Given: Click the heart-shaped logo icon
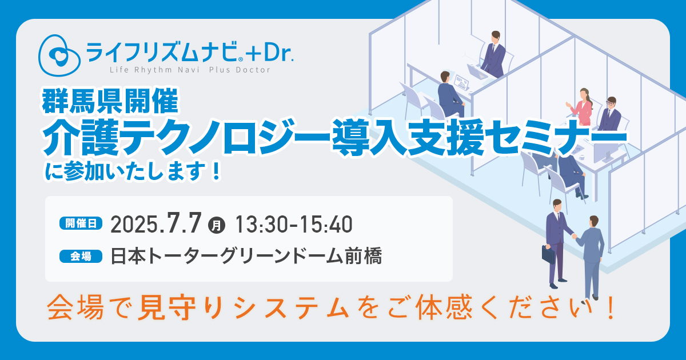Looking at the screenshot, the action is coord(59,55).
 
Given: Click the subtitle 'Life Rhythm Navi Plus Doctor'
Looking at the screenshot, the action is coord(190,70).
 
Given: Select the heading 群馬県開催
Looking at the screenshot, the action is coord(110,101).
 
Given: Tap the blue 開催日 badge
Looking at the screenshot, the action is coord(81,223).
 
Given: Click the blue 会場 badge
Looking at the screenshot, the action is coord(81,256).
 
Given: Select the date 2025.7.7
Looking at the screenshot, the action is coord(156,224).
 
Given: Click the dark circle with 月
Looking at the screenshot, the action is coord(217,226).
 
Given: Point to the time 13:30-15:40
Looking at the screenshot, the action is coord(294,225).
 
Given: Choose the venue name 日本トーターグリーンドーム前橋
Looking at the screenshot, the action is coord(246,256).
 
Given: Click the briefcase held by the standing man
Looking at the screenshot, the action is coord(548,254).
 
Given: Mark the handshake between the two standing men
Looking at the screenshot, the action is coord(574,236).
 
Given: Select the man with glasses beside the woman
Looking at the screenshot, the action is coord(610,114).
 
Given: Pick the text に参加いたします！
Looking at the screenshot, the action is coord(133,172).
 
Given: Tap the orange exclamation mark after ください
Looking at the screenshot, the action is coord(611,307).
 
